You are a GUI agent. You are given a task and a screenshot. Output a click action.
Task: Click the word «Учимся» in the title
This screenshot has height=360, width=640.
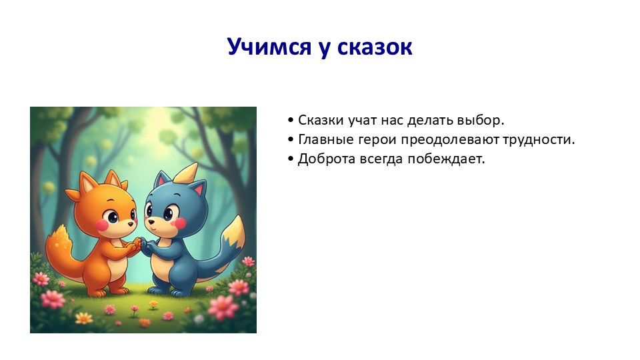269,47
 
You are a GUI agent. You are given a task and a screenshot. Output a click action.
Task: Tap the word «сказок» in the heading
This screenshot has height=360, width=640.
375,47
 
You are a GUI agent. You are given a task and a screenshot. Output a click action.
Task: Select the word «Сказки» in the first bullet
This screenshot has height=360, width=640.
321,120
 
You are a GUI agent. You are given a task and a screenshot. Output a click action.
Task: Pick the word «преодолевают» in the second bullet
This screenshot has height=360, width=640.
450,140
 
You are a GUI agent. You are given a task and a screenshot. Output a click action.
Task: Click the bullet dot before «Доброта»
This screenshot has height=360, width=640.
291,159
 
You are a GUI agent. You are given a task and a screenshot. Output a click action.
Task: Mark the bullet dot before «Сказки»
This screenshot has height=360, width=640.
291,120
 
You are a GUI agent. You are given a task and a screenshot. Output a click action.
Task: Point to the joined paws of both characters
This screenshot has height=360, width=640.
140,244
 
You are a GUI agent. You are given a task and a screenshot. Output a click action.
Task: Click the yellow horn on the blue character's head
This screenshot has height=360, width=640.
186,173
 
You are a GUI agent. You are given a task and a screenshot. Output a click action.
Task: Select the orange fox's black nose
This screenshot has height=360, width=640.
130,224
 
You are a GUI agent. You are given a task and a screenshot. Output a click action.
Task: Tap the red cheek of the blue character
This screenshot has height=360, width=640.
179,223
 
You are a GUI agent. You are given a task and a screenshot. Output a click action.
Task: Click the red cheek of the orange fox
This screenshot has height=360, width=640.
102,225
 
